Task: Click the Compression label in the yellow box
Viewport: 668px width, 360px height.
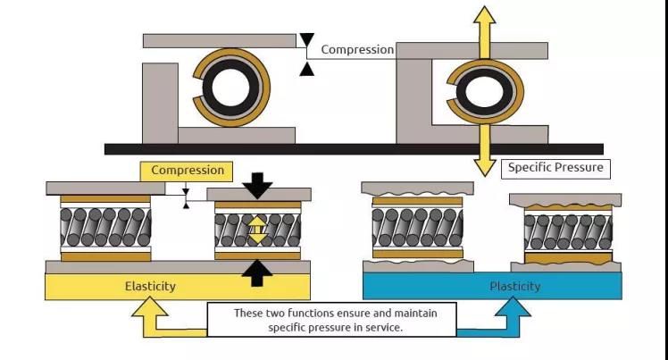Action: pos(187,171)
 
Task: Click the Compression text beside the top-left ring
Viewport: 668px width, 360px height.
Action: pos(357,49)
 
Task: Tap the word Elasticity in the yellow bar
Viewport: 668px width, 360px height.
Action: pos(150,286)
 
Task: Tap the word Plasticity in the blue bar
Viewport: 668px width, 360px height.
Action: pos(514,286)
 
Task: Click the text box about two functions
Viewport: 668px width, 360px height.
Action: pos(331,320)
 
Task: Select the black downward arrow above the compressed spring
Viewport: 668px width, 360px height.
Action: pos(257,186)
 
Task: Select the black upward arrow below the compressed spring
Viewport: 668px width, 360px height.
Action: pos(257,273)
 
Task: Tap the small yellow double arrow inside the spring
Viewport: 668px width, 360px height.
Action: pos(257,230)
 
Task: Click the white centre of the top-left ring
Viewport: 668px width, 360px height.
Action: pos(230,88)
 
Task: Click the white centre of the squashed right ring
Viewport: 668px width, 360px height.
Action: pos(485,92)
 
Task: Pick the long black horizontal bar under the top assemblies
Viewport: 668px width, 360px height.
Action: pos(354,148)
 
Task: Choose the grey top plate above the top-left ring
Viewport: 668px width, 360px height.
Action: pos(220,41)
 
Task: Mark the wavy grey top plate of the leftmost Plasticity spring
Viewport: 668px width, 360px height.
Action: pos(418,188)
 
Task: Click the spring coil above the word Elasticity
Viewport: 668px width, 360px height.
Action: pos(105,227)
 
